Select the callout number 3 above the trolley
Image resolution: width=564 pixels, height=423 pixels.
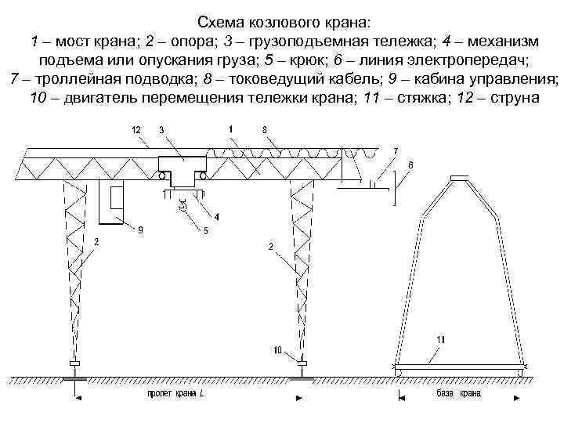(x=162, y=130)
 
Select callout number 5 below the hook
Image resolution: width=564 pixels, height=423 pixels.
(x=205, y=230)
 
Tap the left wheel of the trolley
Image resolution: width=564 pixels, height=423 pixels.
(x=161, y=177)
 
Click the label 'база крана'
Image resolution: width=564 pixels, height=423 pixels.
(x=459, y=393)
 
